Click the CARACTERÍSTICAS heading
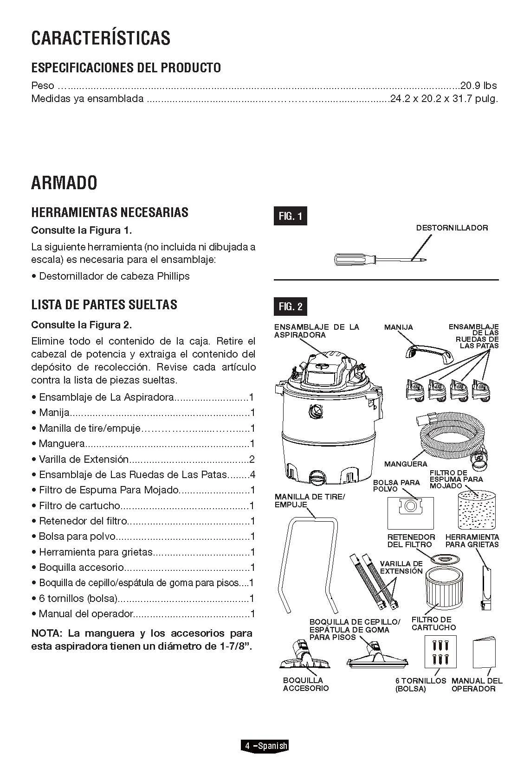coord(101,38)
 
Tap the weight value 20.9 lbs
coord(478,86)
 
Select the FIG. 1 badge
coord(290,216)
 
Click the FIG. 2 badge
coord(290,307)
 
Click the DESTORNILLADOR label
coord(452,228)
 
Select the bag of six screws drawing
coord(440,652)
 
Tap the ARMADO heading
coord(64,183)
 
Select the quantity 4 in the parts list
coord(252,475)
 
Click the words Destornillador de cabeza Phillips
coord(114,276)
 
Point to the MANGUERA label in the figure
coord(406,464)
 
